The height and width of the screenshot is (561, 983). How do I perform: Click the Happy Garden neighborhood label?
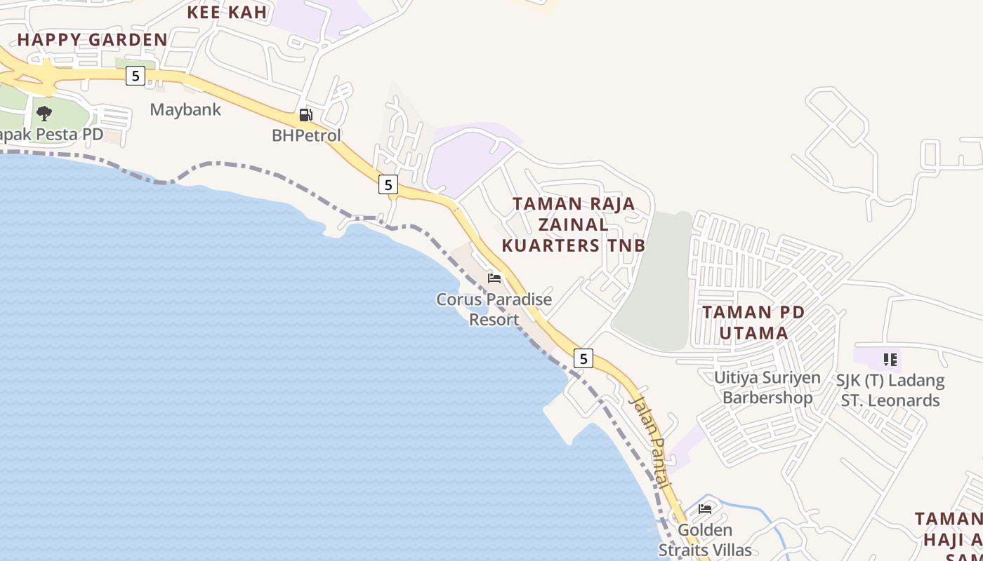pyautogui.click(x=93, y=39)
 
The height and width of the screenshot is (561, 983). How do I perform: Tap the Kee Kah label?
pyautogui.click(x=227, y=12)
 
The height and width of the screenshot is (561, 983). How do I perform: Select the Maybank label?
pyautogui.click(x=185, y=109)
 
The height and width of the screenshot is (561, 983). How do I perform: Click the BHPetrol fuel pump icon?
pyautogui.click(x=305, y=115)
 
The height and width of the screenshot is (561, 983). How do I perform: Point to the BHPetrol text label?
pyautogui.click(x=306, y=135)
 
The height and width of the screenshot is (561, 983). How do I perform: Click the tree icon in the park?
pyautogui.click(x=44, y=113)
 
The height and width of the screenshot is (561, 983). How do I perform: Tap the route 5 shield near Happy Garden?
pyautogui.click(x=136, y=76)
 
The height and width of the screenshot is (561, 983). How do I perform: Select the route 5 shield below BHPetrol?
pyautogui.click(x=388, y=184)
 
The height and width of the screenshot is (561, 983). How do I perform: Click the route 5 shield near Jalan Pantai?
pyautogui.click(x=583, y=358)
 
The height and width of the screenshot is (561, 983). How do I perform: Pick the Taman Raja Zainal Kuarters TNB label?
pyautogui.click(x=574, y=224)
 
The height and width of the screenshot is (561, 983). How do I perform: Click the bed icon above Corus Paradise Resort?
pyautogui.click(x=494, y=278)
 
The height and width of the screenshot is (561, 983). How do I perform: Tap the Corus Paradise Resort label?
pyautogui.click(x=494, y=309)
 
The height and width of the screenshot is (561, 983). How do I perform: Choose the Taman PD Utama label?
pyautogui.click(x=753, y=322)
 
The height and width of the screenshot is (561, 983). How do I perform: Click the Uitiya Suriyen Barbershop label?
pyautogui.click(x=767, y=387)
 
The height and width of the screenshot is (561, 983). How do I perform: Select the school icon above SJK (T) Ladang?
pyautogui.click(x=890, y=360)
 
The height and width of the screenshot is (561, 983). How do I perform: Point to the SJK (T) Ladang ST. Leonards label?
pyautogui.click(x=890, y=391)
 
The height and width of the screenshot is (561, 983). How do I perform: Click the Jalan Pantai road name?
pyautogui.click(x=651, y=442)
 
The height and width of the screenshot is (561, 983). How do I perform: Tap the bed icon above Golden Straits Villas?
pyautogui.click(x=705, y=509)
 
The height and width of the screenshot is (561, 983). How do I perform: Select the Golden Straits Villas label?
pyautogui.click(x=705, y=540)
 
